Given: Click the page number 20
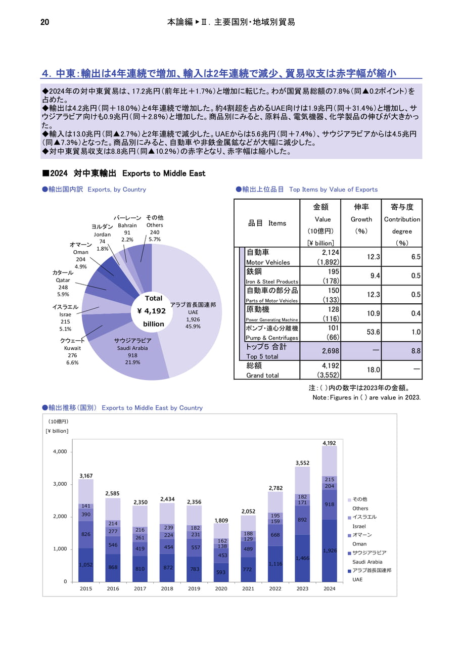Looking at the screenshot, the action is coord(45,22).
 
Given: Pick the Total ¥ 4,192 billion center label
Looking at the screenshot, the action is coord(152,311).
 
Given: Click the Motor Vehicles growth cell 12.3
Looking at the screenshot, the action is coord(373,257).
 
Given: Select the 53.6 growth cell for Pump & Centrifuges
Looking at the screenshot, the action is coord(373,332).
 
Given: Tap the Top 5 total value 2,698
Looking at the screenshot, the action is coord(331,351).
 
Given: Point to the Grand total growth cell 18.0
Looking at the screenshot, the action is coord(373,369).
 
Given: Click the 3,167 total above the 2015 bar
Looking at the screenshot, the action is coord(86,476).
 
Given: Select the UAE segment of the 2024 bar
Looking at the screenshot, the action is coord(329,550).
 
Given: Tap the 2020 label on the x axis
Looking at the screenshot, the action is coord(221,589).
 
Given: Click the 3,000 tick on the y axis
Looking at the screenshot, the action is coord(60,484).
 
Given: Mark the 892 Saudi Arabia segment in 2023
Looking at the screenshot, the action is coord(302,520).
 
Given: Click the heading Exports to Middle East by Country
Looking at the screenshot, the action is coord(152,408).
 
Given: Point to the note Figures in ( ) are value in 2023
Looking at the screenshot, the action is coord(366,397).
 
